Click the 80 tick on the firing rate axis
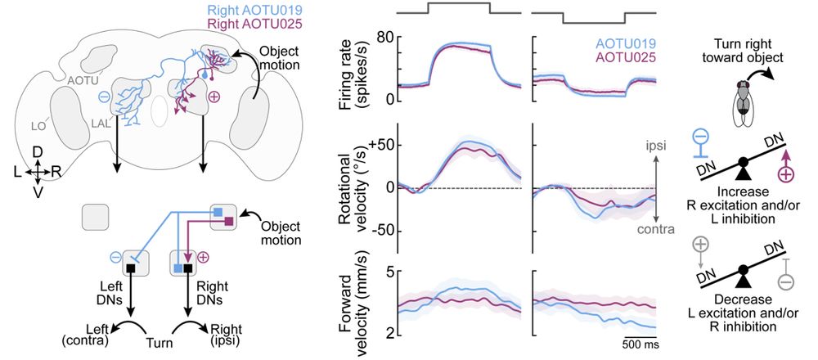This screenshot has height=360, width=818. (385, 38)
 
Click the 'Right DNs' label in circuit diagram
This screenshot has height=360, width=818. (195, 295)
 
